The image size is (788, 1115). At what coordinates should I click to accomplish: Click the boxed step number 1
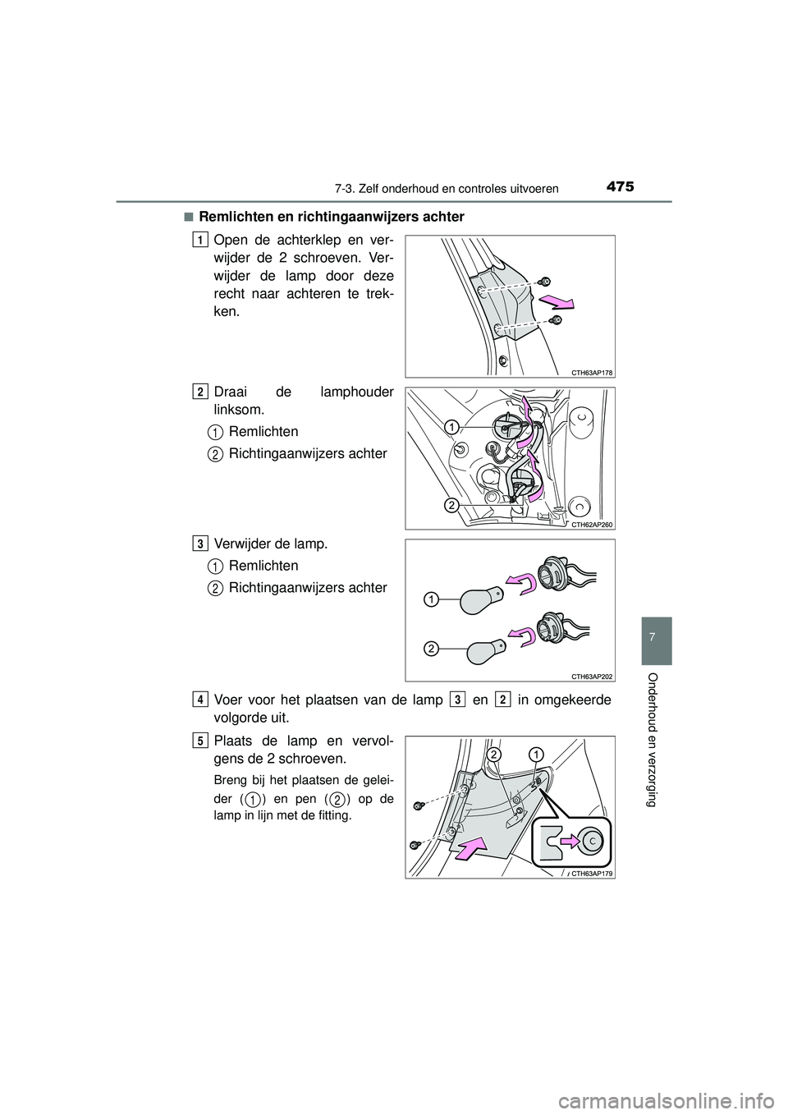pyautogui.click(x=200, y=240)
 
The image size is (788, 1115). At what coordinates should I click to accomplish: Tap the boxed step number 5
pyautogui.click(x=200, y=740)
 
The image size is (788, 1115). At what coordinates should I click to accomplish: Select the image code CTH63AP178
pyautogui.click(x=592, y=372)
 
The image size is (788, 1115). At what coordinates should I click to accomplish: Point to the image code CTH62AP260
pyautogui.click(x=592, y=524)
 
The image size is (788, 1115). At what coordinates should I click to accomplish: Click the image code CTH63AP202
pyautogui.click(x=592, y=676)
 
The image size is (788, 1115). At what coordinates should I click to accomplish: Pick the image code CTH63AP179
pyautogui.click(x=592, y=873)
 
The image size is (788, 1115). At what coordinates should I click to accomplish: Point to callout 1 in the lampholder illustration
pyautogui.click(x=451, y=427)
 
